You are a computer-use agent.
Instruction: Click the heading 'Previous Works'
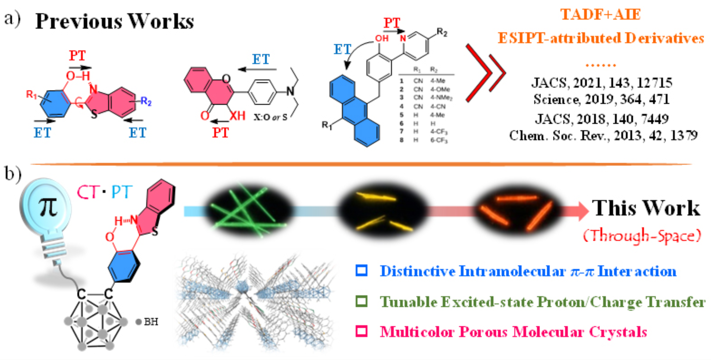pos(114,22)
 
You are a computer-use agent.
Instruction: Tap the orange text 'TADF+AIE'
pos(600,15)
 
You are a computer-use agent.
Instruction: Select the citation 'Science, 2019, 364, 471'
pos(601,100)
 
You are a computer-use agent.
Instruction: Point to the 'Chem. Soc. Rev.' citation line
pos(603,136)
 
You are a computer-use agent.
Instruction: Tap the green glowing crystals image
pos(248,210)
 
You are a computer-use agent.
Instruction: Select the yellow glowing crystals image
pos(383,211)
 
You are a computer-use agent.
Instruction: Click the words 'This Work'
pos(646,209)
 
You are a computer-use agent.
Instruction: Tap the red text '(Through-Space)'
pos(642,236)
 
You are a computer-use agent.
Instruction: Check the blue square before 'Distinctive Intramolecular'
pos(361,271)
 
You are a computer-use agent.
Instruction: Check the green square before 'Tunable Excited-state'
pos(361,301)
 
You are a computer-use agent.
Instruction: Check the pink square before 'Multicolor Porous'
pos(361,331)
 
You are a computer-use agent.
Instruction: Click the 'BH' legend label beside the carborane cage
pos(151,322)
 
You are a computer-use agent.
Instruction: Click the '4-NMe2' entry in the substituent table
pos(441,98)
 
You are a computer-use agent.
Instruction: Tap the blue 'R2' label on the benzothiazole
pos(146,101)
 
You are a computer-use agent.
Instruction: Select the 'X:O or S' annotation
pos(270,117)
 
